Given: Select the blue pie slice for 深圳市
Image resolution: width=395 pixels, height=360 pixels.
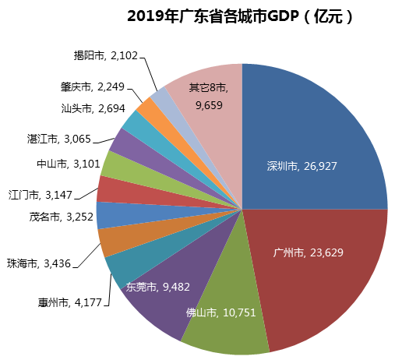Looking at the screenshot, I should tap(312, 132).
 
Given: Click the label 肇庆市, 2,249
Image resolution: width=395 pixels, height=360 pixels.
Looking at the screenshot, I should tap(87, 86).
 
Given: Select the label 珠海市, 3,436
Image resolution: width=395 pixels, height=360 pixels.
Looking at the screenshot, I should tap(39, 263).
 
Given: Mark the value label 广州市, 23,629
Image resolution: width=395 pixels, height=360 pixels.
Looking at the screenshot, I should tap(309, 252).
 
